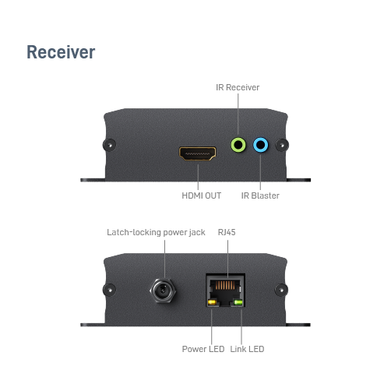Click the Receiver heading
tap(61, 52)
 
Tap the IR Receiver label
tap(238, 87)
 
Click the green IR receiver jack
tap(238, 145)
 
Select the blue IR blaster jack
tap(261, 145)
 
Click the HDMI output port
tap(197, 153)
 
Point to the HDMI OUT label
tap(202, 195)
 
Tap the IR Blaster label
tap(260, 195)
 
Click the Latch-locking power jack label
tap(156, 232)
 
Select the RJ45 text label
tap(227, 232)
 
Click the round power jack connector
tap(163, 291)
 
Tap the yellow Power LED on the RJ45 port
tap(212, 302)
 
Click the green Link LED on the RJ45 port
tap(238, 302)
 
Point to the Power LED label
tap(203, 349)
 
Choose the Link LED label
tap(247, 349)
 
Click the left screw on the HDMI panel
tap(109, 145)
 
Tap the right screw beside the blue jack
tap(282, 145)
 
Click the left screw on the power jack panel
tap(109, 290)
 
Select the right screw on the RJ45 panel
tap(281, 290)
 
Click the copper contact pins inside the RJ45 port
tap(225, 285)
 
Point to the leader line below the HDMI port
tap(198, 177)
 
